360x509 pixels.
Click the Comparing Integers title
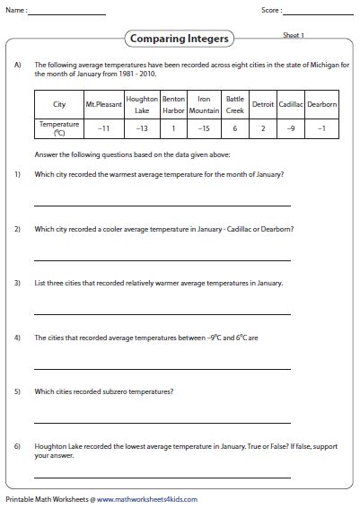click(180, 39)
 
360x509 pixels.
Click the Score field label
click(270, 12)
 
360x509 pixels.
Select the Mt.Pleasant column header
click(102, 105)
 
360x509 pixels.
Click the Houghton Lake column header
click(143, 104)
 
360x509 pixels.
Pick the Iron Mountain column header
click(205, 104)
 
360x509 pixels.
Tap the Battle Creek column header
click(234, 104)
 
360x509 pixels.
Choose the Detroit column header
click(262, 105)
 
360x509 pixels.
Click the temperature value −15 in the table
click(205, 128)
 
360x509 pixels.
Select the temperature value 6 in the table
click(234, 128)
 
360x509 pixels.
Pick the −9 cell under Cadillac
click(291, 128)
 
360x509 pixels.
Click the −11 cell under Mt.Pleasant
click(102, 128)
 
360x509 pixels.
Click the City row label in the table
click(59, 105)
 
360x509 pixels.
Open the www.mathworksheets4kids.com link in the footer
click(147, 499)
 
